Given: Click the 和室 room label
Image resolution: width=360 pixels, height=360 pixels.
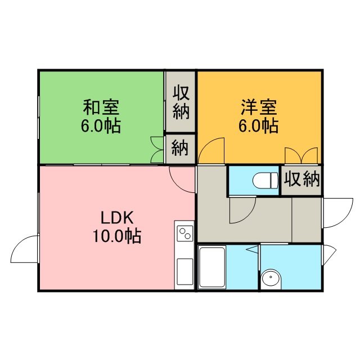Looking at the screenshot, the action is click(x=101, y=107).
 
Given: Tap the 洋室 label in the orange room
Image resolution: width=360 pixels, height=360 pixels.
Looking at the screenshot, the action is click(x=259, y=107).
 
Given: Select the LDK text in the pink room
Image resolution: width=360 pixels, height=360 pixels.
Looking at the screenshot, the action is click(x=117, y=218).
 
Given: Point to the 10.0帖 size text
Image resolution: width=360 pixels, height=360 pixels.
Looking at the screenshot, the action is click(x=117, y=236).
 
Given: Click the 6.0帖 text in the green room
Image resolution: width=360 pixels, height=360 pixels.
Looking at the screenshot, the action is click(x=101, y=125).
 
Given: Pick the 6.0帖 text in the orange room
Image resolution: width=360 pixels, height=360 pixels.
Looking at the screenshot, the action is click(x=259, y=125).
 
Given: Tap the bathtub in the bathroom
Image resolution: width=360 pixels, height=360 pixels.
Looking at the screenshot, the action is click(x=212, y=267).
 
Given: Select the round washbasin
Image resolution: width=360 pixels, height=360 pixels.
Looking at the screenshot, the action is click(x=271, y=279).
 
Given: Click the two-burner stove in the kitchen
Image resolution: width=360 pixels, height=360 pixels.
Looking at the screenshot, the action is click(x=185, y=233).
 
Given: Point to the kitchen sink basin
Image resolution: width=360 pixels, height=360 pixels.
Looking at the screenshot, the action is click(x=185, y=272).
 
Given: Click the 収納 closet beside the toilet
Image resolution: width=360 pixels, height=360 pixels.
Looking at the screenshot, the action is click(x=301, y=181).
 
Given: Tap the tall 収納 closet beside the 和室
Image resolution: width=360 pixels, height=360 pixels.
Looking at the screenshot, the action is click(x=181, y=102).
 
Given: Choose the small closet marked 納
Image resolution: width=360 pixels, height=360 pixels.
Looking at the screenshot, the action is click(x=181, y=149).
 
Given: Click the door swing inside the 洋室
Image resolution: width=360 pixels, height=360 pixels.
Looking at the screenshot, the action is click(x=211, y=151).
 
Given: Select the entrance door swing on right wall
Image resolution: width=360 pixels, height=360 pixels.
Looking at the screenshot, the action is click(x=337, y=213).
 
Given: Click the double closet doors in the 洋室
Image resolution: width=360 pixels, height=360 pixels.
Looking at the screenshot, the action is click(x=301, y=156).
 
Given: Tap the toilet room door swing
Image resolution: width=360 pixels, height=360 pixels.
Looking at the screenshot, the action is click(x=242, y=210).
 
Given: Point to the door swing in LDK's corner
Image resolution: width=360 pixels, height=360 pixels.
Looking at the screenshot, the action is click(x=182, y=180).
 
